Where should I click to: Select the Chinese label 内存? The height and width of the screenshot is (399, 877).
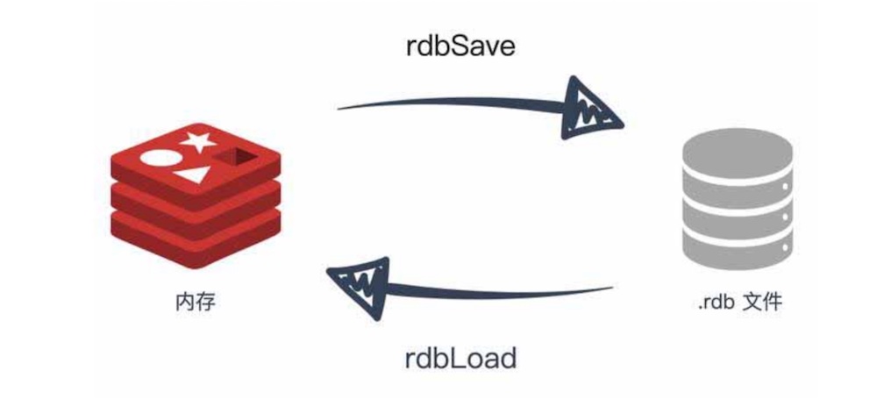(195, 303)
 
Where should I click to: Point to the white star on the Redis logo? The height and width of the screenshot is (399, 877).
(198, 140)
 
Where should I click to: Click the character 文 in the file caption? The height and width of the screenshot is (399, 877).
(752, 304)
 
